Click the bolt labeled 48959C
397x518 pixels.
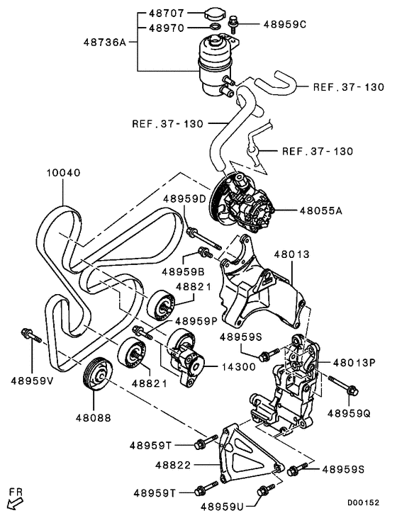[x=233, y=26]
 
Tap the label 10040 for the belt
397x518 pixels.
[x=64, y=172]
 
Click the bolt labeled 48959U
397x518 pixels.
[x=266, y=490]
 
